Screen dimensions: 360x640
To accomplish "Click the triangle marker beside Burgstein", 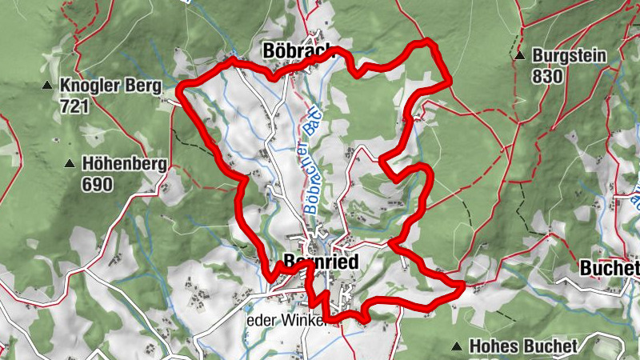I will (520, 57).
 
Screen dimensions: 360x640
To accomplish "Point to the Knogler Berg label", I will (110, 85).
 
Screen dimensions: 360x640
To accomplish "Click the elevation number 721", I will (73, 104).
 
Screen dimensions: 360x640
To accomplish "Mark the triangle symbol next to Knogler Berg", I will (48, 85).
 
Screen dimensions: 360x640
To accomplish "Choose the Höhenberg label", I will (124, 164).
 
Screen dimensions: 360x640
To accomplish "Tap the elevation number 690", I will (97, 184).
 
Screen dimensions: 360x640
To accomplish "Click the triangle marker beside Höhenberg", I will (70, 164).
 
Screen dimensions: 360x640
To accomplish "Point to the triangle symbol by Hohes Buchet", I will (457, 346).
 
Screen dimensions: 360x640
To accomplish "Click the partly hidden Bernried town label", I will (320, 262).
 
